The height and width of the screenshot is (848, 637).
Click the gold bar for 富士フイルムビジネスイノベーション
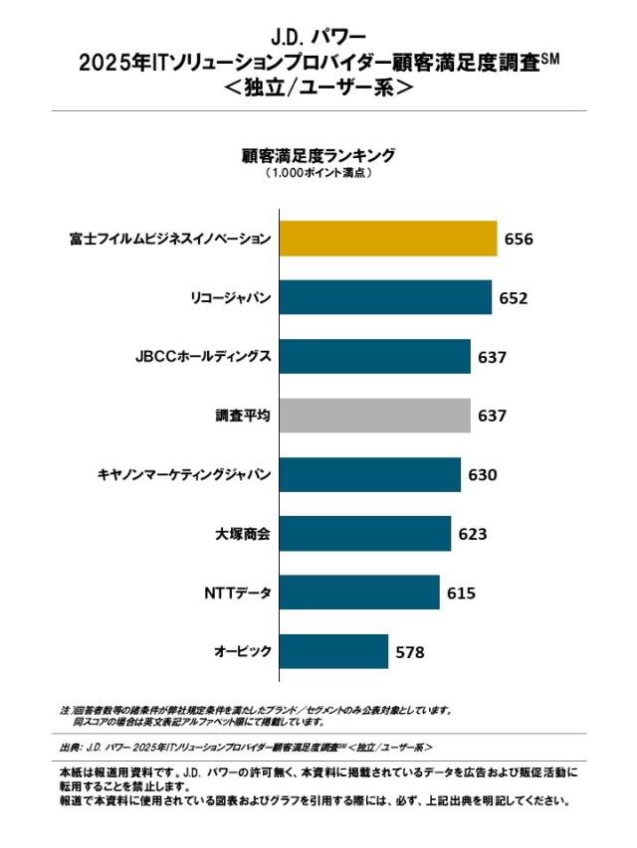click(x=388, y=239)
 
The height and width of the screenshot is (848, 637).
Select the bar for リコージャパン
click(x=385, y=297)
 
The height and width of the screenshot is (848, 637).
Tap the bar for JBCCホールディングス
click(x=375, y=356)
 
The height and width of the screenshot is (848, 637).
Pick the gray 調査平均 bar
click(x=375, y=416)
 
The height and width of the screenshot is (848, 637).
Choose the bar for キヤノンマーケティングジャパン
click(x=370, y=474)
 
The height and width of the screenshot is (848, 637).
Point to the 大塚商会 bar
click(x=365, y=534)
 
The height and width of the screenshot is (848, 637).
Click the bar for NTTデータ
click(x=359, y=593)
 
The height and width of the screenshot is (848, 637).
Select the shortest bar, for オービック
click(x=334, y=652)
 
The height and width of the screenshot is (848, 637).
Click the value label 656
click(x=519, y=240)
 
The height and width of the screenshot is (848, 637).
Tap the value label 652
click(x=513, y=298)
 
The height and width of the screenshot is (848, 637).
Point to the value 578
click(x=409, y=653)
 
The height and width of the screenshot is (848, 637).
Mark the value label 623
click(x=472, y=535)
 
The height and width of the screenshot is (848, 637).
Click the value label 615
click(x=461, y=594)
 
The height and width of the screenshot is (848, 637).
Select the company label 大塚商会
click(x=243, y=535)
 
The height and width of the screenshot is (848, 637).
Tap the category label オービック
click(x=242, y=653)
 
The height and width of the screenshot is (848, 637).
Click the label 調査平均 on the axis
click(x=243, y=416)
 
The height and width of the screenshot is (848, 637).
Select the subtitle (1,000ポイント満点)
click(x=318, y=173)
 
